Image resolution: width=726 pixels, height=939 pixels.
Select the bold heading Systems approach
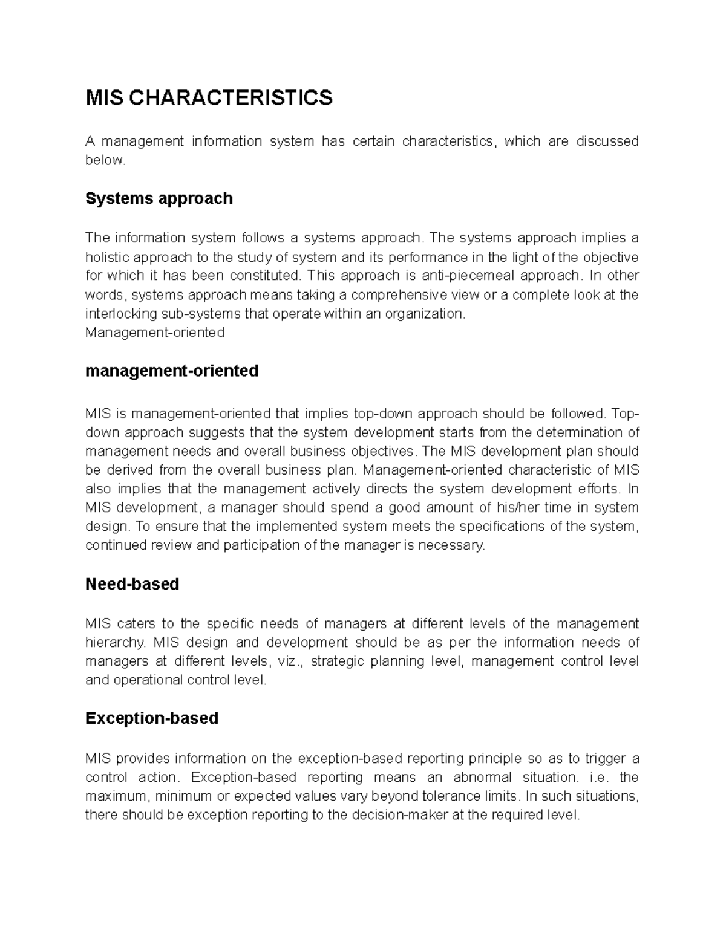pyautogui.click(x=159, y=198)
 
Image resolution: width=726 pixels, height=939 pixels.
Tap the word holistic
pyautogui.click(x=107, y=257)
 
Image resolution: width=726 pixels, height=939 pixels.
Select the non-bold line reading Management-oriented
pyautogui.click(x=155, y=333)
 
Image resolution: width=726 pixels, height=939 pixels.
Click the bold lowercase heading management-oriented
pyautogui.click(x=172, y=371)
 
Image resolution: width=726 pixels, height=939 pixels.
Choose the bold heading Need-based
pyautogui.click(x=132, y=584)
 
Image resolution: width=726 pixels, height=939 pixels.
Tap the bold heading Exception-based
pyautogui.click(x=152, y=718)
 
